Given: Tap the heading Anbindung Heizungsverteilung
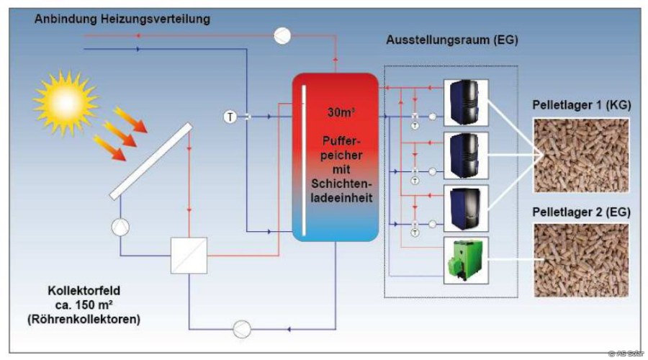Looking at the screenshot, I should point(122,19).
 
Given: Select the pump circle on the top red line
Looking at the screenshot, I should point(281,34).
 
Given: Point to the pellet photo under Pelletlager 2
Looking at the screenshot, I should point(580,260).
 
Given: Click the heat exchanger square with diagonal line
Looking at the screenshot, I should point(189,256).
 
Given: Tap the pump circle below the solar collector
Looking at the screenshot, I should point(120,228).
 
